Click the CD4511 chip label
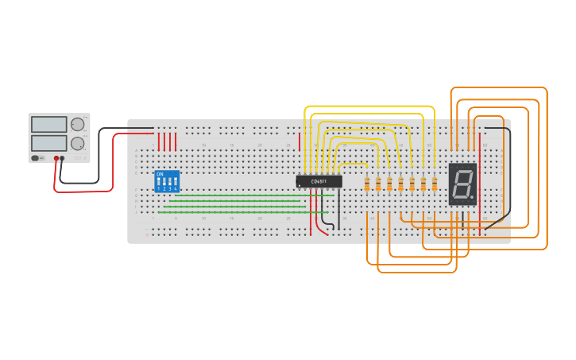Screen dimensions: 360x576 coord(319,181)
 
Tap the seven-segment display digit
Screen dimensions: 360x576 coord(461,184)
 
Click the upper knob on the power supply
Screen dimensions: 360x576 coord(77,125)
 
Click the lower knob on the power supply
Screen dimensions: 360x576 coord(77,144)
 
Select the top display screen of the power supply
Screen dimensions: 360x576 coord(49,125)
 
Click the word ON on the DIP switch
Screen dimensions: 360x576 coord(160,174)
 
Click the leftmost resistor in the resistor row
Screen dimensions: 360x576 coord(367,184)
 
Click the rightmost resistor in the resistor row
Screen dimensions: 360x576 coord(435,184)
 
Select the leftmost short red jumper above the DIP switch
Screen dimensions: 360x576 coord(159,141)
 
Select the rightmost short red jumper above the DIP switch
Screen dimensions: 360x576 coord(176,141)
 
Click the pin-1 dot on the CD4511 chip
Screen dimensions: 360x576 coord(300,185)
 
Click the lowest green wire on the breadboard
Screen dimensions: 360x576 coord(230,212)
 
